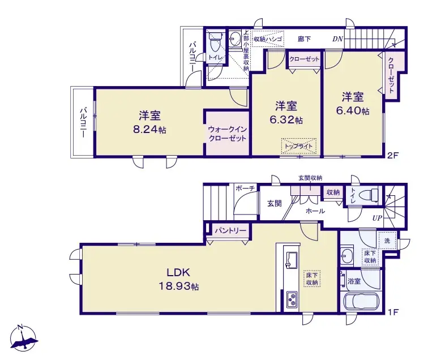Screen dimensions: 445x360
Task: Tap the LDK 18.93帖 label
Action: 178,280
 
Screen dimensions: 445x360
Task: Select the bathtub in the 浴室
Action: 362,302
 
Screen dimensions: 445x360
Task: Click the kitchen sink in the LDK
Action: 292,259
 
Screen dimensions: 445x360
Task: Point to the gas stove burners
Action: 292,299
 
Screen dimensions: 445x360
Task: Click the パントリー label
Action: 230,230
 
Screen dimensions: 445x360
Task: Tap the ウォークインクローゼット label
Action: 227,134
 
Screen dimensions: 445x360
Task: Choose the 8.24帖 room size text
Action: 149,130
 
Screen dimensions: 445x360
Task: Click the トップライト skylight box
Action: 298,146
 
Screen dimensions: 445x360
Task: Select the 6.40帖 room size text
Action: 353,110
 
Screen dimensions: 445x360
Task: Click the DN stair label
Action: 338,39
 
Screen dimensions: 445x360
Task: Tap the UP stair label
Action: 377,218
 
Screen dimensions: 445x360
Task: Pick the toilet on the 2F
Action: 215,41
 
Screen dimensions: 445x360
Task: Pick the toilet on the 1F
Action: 369,195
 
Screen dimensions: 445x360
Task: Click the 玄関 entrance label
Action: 275,203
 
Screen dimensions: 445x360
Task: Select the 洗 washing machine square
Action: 387,241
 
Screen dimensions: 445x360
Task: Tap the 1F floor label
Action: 393,312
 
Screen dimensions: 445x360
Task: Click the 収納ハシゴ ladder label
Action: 268,39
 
